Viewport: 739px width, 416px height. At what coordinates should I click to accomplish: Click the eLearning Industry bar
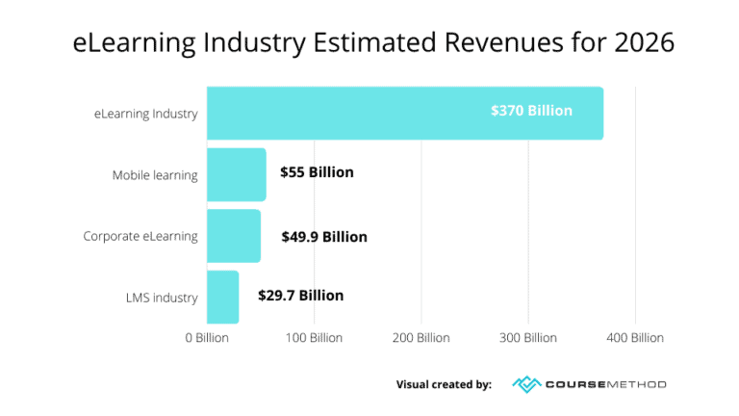pyautogui.click(x=404, y=113)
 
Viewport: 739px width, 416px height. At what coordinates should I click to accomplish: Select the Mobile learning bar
pyautogui.click(x=236, y=174)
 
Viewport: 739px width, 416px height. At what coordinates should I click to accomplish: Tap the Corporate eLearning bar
pyautogui.click(x=233, y=236)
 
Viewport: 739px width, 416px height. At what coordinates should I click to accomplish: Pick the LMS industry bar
pyautogui.click(x=222, y=297)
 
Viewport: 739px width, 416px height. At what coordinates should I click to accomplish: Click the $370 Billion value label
pyautogui.click(x=531, y=111)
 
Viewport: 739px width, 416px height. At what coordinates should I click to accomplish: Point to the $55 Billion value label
pyautogui.click(x=317, y=172)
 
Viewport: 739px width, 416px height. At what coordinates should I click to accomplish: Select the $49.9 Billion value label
pyautogui.click(x=324, y=236)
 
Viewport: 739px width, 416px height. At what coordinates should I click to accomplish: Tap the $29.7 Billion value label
pyautogui.click(x=300, y=296)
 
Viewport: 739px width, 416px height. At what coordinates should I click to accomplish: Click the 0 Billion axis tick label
pyautogui.click(x=208, y=338)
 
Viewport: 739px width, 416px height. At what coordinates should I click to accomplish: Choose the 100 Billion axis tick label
pyautogui.click(x=314, y=338)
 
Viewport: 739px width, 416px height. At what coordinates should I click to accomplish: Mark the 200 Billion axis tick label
pyautogui.click(x=420, y=338)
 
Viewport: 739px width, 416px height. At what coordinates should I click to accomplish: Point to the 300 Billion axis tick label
pyautogui.click(x=527, y=338)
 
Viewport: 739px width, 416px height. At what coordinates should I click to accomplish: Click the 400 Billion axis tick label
pyautogui.click(x=634, y=338)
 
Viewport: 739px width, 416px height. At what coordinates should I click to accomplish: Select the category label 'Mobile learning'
pyautogui.click(x=155, y=175)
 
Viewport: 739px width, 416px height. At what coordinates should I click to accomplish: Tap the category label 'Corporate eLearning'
pyautogui.click(x=140, y=236)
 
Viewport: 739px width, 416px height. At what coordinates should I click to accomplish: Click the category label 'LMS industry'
pyautogui.click(x=161, y=297)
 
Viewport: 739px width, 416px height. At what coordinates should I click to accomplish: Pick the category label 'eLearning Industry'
pyautogui.click(x=146, y=114)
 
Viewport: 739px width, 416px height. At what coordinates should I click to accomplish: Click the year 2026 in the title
pyautogui.click(x=641, y=43)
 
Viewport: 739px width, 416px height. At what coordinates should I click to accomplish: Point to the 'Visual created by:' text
pyautogui.click(x=444, y=384)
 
